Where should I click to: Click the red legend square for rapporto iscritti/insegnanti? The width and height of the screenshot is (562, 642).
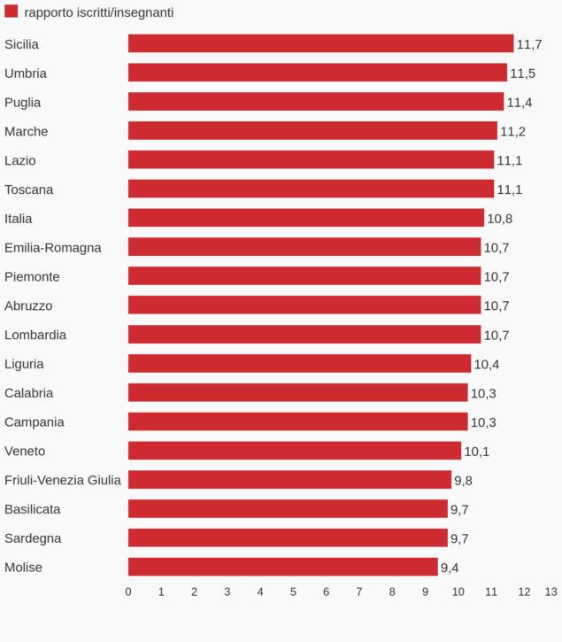pos(12,12)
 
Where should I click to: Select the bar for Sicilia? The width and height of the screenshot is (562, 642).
pos(320,43)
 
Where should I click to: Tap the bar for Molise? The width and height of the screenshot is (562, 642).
pos(282,567)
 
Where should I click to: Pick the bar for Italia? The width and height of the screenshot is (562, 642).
pos(305,218)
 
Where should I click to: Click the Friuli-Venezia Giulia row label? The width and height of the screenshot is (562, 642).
pos(63,480)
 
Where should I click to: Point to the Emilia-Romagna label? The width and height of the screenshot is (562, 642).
pos(53,247)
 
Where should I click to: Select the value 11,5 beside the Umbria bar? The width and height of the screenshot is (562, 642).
pos(522,73)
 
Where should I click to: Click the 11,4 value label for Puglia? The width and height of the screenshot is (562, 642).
pos(520,103)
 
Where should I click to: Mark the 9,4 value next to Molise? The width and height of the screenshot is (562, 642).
pos(450,568)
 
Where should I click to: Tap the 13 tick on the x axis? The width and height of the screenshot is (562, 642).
pos(550,592)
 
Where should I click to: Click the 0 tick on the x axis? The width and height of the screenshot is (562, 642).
pos(128,592)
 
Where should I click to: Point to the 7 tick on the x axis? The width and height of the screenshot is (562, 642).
pos(359,592)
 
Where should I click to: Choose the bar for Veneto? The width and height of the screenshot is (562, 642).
pos(294,451)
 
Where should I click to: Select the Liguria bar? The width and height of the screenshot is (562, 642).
pos(299,364)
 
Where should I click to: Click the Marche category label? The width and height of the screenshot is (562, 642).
pos(27,131)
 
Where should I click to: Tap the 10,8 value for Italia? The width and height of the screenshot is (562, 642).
pos(500,219)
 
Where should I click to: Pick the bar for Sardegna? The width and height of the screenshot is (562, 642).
pos(288,538)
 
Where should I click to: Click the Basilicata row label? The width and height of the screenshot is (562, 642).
pos(33,509)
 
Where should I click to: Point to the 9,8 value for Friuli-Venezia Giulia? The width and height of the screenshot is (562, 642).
pos(463,481)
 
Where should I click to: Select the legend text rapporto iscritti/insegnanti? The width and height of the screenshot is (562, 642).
pos(99,12)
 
